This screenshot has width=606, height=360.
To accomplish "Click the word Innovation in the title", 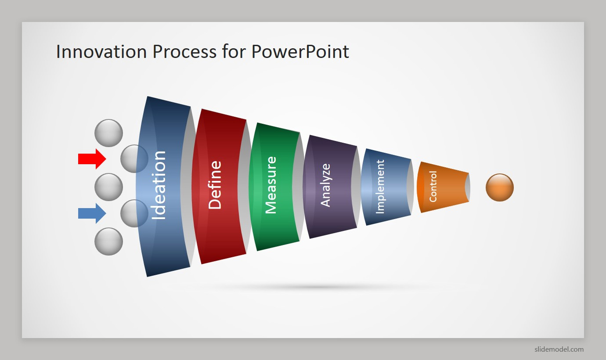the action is [101, 51].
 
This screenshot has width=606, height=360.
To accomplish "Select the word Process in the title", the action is [184, 51].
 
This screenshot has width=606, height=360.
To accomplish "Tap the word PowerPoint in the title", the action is [300, 51].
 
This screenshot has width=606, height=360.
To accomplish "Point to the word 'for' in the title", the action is [234, 51].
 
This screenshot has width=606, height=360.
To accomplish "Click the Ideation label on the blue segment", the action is [159, 185].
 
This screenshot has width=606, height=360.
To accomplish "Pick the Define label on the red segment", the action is [215, 185].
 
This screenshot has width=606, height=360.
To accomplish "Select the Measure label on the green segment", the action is [271, 185].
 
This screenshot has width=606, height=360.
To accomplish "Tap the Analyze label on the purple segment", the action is [325, 185].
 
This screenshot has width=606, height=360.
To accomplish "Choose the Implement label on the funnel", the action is [380, 187].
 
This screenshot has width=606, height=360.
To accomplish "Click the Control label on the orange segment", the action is [433, 187].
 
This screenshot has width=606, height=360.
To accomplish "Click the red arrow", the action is [92, 159].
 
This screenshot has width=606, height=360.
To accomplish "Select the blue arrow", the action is [92, 213].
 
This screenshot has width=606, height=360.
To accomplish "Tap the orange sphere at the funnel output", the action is [500, 187].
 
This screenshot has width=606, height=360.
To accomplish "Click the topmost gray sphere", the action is [109, 133].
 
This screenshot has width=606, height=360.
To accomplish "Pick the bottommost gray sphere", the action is [109, 241].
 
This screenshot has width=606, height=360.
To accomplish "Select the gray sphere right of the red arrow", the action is [134, 159].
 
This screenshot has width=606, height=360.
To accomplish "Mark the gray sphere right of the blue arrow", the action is [134, 213].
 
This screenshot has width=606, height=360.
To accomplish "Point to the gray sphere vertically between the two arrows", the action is [109, 187].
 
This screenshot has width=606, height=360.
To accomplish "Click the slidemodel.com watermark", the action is [559, 349].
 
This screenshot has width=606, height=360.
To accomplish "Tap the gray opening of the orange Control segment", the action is [468, 187].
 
